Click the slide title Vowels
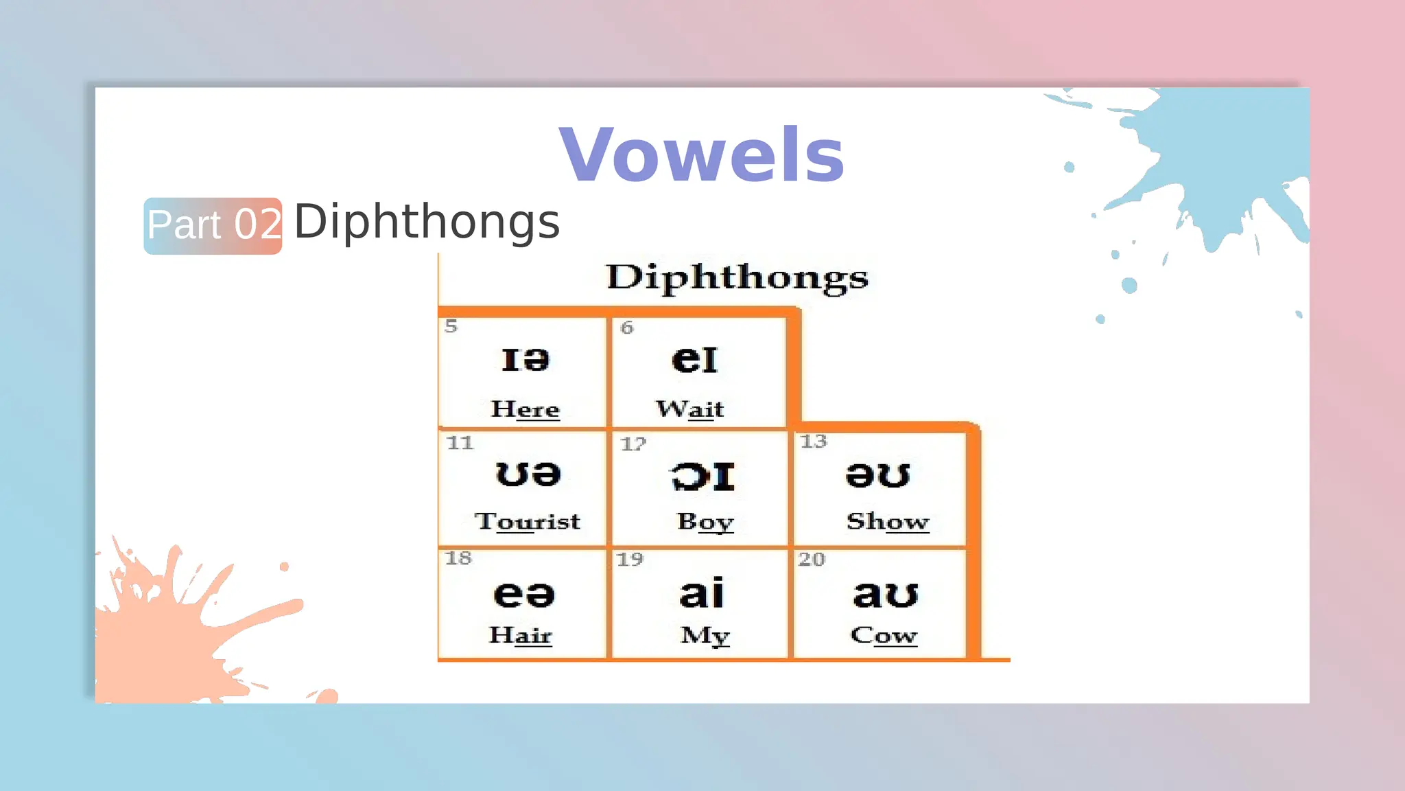point(701,155)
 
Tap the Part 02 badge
point(213,226)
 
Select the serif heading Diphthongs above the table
point(737,278)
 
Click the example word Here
point(525,409)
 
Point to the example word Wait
point(689,409)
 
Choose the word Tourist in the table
point(527,522)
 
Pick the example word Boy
point(705,522)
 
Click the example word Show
point(888,522)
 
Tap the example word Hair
point(520,635)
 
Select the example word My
point(705,636)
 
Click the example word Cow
point(884,636)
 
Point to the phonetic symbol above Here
point(525,360)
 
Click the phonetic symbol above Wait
point(694,360)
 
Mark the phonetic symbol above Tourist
point(528,474)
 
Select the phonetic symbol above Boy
point(702,477)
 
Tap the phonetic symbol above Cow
point(885,594)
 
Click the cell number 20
point(811,560)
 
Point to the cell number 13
point(814,442)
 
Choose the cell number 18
point(458,558)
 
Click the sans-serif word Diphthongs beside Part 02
point(427,222)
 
